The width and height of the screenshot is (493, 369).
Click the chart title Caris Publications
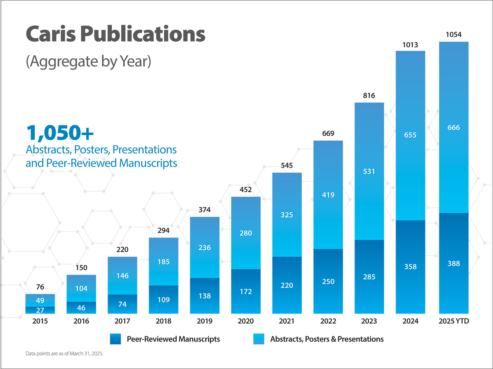(115, 34)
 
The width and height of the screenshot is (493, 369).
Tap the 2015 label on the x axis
(40, 321)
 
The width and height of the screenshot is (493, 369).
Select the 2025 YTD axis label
(454, 321)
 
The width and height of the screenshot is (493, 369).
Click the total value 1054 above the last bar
(453, 35)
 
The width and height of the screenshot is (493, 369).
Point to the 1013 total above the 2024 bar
(410, 45)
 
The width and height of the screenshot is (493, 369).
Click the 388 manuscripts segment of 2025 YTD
(454, 263)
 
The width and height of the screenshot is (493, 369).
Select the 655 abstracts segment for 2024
(410, 135)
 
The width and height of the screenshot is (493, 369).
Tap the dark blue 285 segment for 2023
(369, 277)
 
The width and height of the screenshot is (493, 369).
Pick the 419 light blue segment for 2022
(328, 195)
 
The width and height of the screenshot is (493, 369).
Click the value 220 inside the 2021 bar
(287, 285)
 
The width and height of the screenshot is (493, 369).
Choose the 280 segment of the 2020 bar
(246, 233)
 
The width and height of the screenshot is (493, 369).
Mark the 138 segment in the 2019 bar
(205, 296)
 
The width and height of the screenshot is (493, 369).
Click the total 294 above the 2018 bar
(163, 230)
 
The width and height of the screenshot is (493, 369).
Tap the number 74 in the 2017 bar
(122, 304)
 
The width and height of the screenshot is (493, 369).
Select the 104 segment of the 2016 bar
(81, 288)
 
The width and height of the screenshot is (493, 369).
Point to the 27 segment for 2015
(40, 310)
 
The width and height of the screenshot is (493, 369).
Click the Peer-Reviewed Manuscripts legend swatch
(115, 339)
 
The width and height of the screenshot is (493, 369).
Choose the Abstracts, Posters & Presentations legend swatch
(258, 339)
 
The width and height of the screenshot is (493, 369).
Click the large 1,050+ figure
(60, 132)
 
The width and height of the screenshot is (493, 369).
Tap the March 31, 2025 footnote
(64, 354)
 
